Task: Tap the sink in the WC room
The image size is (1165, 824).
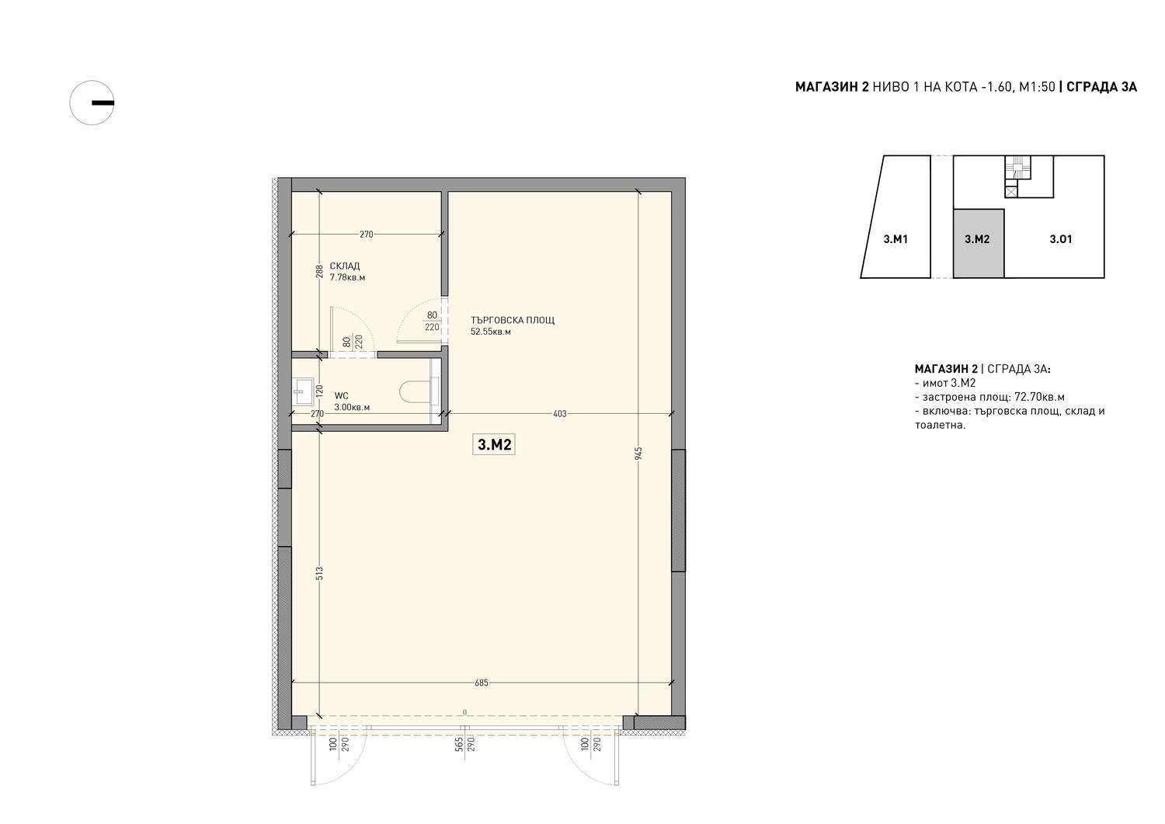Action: [x=303, y=391]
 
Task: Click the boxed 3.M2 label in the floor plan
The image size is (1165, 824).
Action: [x=494, y=445]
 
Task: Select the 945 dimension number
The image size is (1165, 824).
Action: [x=638, y=453]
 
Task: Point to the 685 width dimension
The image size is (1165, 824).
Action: [x=482, y=683]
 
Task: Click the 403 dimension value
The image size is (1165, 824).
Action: [x=560, y=414]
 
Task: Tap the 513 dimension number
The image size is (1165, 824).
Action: [x=319, y=573]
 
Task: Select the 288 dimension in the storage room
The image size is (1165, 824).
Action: [x=319, y=272]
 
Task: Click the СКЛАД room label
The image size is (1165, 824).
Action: [x=345, y=266]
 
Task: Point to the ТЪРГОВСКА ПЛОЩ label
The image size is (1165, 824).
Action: [x=513, y=321]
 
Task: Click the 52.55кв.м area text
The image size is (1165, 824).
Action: [x=491, y=332]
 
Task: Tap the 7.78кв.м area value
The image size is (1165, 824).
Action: [x=347, y=278]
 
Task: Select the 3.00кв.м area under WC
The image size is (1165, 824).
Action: [x=352, y=407]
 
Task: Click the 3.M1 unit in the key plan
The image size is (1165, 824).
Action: [x=895, y=239]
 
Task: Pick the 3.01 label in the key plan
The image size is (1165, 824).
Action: [x=1061, y=239]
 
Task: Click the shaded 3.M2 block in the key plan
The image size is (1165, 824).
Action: [x=979, y=243]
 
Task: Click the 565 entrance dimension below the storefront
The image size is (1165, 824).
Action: [x=459, y=745]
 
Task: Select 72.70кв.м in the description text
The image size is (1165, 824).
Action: [x=1040, y=398]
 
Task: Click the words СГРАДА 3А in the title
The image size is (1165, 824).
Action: [x=1101, y=88]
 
